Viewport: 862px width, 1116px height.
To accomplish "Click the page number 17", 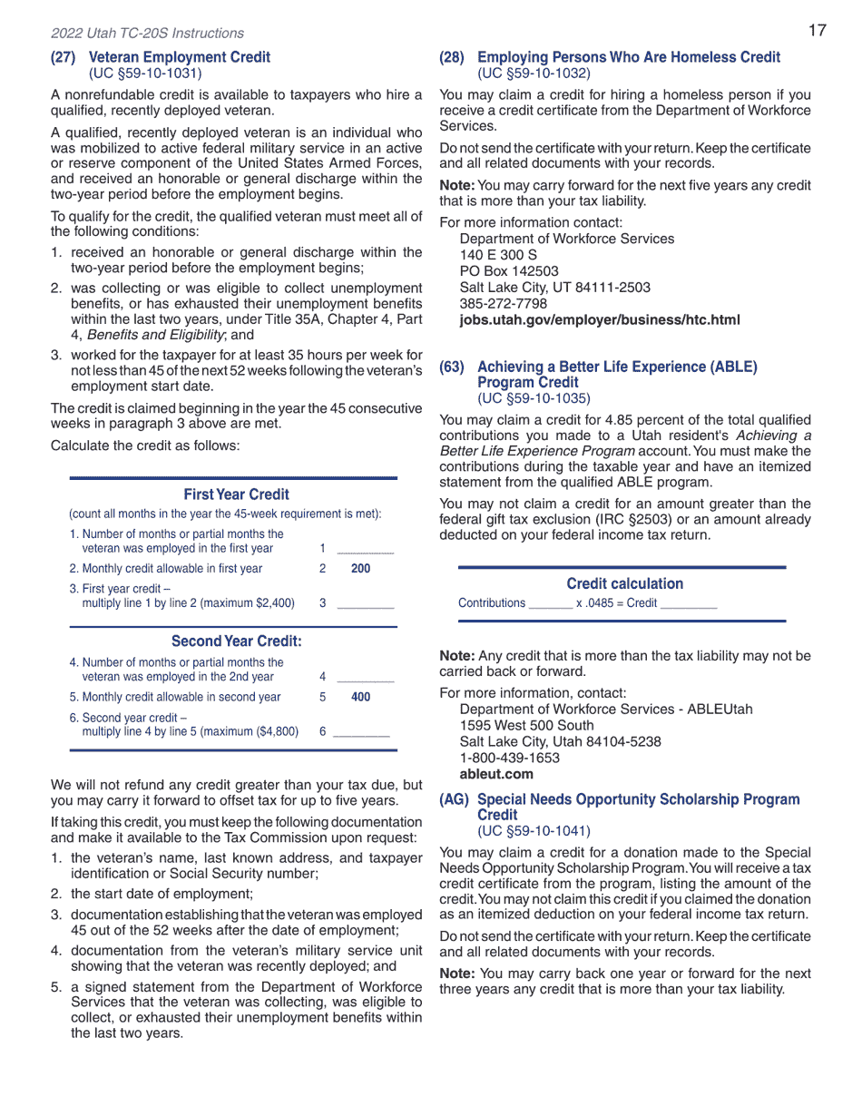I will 817,31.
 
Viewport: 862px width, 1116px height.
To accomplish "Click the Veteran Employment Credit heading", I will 179,57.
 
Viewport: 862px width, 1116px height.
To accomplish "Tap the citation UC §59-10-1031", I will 145,73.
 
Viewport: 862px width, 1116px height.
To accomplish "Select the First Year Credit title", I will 236,494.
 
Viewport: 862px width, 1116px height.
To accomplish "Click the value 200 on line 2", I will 360,569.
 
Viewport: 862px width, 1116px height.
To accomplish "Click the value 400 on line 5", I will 360,698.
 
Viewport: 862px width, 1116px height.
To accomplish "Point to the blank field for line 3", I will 365,602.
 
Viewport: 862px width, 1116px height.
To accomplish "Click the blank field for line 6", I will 362,731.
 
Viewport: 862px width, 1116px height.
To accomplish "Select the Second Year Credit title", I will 236,641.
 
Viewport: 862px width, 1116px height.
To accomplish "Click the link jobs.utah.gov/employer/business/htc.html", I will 599,320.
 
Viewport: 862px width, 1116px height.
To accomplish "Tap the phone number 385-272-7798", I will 504,304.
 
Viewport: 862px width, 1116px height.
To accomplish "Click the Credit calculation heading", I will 624,583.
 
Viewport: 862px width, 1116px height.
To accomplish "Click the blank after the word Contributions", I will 550,603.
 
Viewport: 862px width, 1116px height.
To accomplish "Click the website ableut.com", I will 496,774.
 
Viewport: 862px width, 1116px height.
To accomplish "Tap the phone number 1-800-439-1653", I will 509,758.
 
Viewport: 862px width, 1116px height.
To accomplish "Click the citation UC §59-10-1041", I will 534,830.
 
